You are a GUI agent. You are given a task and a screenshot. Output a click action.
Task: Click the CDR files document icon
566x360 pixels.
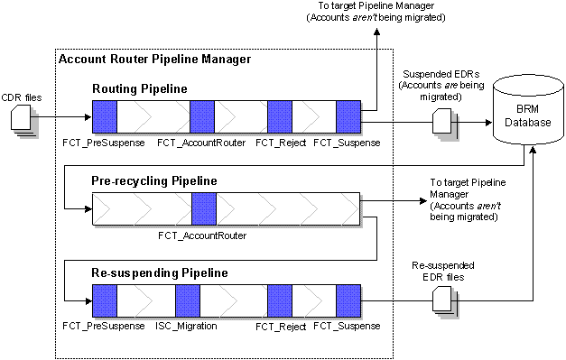[23, 118]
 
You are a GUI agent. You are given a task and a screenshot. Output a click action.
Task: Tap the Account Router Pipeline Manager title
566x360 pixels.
[154, 60]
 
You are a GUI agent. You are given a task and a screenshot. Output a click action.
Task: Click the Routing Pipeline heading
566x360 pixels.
[140, 89]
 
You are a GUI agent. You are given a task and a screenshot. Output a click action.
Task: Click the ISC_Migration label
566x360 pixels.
[187, 325]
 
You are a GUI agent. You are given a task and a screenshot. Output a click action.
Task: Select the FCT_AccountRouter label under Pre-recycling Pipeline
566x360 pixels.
[201, 235]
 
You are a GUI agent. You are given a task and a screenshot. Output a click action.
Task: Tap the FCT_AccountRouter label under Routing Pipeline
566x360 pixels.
[201, 143]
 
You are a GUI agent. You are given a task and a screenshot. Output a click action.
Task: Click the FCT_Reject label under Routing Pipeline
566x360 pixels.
[278, 143]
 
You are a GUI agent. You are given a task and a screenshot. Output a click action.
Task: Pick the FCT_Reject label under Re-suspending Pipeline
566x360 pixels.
[278, 325]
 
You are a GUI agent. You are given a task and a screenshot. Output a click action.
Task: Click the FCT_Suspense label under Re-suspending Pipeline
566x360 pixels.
[347, 325]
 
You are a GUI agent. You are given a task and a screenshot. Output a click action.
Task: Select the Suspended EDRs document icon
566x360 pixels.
[442, 119]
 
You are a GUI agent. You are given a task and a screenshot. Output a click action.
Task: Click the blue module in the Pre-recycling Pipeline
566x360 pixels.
[204, 208]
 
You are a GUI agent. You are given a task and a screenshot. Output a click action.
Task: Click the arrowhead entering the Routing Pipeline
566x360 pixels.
[87, 116]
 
